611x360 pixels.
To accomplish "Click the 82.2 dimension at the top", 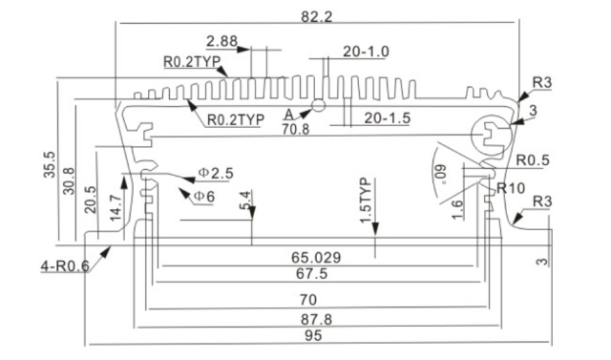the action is (x=316, y=17).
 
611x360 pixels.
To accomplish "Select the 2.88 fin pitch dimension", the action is (x=221, y=41).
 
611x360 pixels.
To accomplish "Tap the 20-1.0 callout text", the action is (x=366, y=52).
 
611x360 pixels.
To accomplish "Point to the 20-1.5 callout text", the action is (x=387, y=118).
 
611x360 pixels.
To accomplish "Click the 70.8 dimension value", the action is (x=296, y=129).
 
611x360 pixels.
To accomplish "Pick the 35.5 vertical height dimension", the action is (x=50, y=165).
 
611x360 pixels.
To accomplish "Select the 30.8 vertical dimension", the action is (x=68, y=180).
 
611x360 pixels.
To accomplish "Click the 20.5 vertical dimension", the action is (x=90, y=200).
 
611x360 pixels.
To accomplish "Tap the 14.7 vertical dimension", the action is (x=116, y=208).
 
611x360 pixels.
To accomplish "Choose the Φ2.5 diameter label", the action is (x=216, y=173).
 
